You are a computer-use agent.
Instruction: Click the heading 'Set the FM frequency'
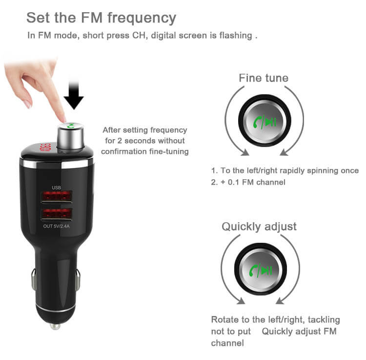101,18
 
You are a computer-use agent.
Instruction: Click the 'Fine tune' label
263,78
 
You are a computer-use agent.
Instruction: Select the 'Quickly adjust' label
259,227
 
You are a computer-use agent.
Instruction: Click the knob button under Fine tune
264,121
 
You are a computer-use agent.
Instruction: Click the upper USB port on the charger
57,197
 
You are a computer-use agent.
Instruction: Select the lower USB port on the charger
57,214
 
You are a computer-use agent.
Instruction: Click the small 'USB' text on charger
57,188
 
